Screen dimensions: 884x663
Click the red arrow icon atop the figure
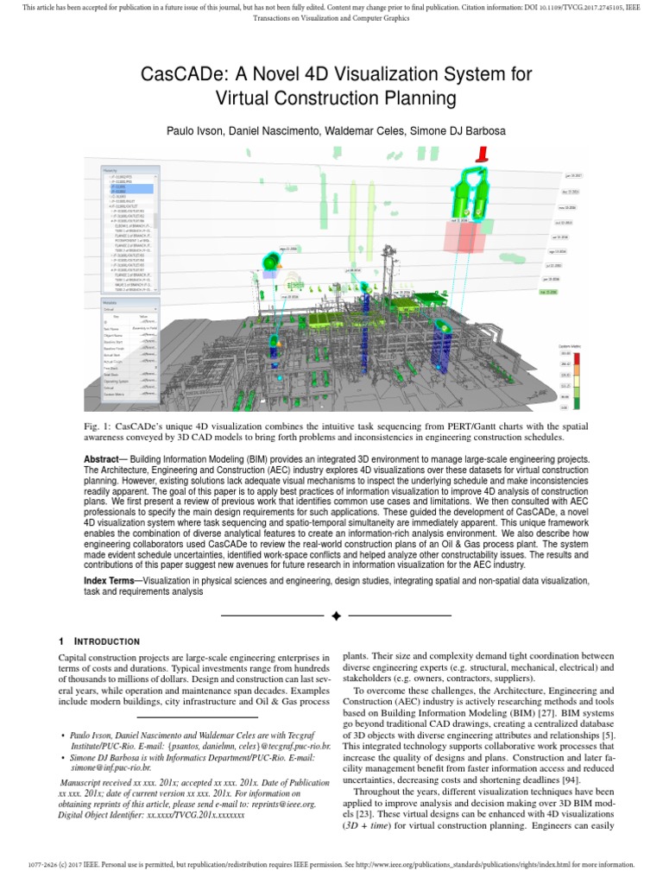tap(480, 153)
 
